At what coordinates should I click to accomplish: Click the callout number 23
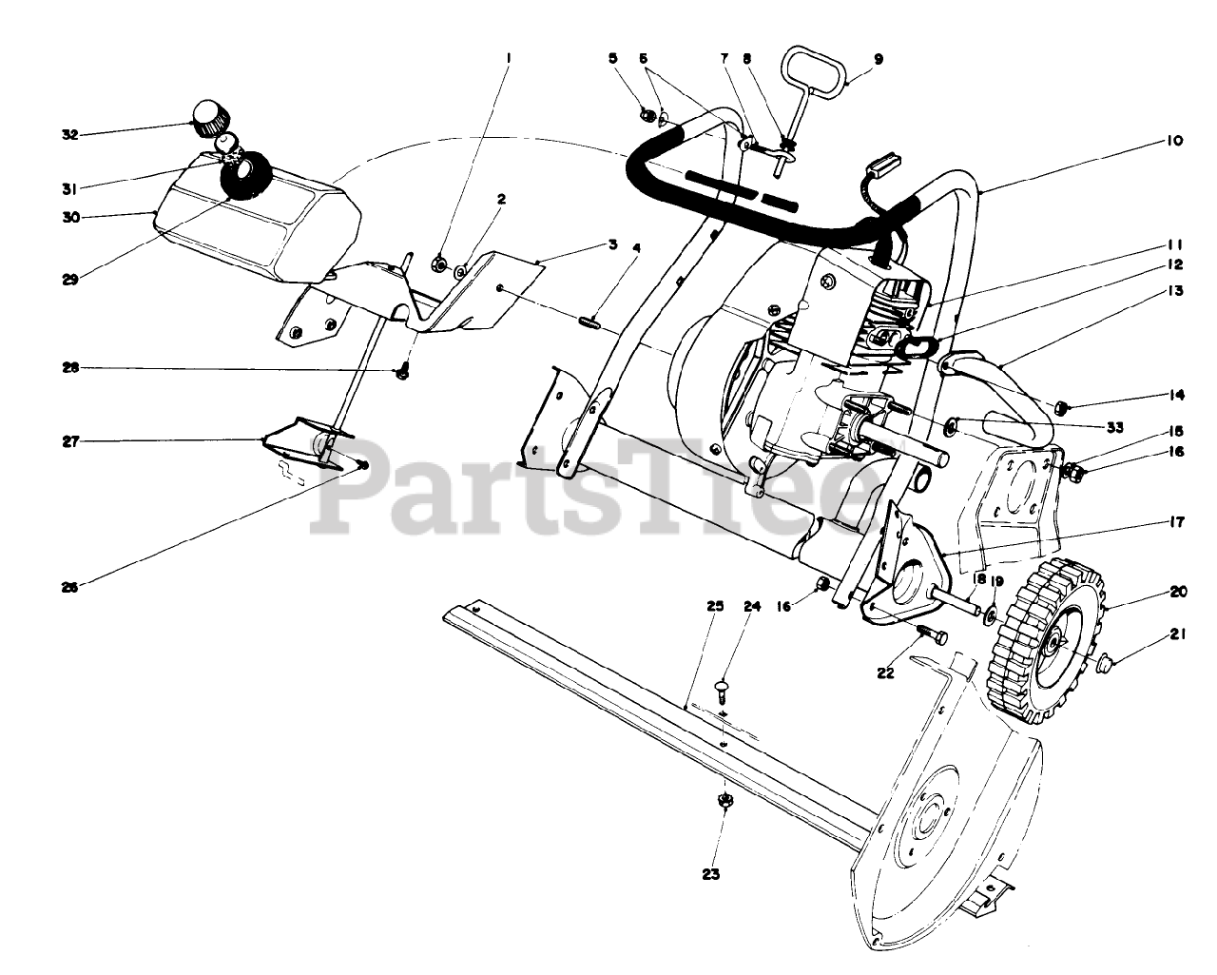point(711,874)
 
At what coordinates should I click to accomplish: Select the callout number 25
point(715,606)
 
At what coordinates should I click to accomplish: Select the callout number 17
point(1176,520)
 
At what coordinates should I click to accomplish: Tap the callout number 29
point(70,280)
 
